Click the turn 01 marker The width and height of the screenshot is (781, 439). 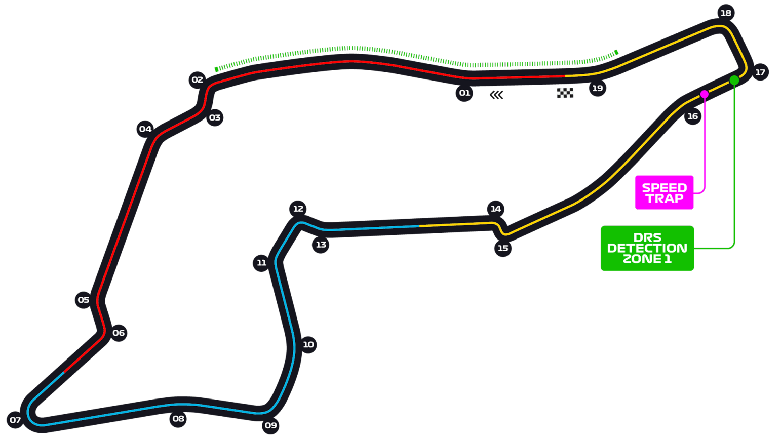pos(464,93)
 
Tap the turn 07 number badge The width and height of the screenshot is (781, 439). pos(15,420)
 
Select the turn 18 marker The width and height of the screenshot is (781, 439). pos(726,13)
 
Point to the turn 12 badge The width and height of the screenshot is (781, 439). pos(298,209)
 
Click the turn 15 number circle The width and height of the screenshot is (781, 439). pos(503,248)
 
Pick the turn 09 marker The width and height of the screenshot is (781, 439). pos(270,425)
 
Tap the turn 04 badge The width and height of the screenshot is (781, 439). pos(145,129)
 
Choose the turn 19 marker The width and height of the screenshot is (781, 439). pos(598,88)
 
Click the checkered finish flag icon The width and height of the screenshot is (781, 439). pos(565,93)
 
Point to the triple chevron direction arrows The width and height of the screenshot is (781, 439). pos(496,95)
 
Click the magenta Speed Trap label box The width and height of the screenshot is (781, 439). pos(664,192)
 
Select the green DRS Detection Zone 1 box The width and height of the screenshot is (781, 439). pos(647,248)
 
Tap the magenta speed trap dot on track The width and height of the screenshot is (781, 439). pos(705,94)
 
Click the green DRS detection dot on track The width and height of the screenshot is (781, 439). pos(734,80)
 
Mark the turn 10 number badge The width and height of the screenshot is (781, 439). pos(308,345)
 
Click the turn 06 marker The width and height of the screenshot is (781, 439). pos(119,333)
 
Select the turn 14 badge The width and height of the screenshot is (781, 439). pos(495,209)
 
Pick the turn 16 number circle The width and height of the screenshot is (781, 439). pos(692,116)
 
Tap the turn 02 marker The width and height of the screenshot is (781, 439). pos(197,80)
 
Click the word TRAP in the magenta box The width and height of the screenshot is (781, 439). pos(664,199)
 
